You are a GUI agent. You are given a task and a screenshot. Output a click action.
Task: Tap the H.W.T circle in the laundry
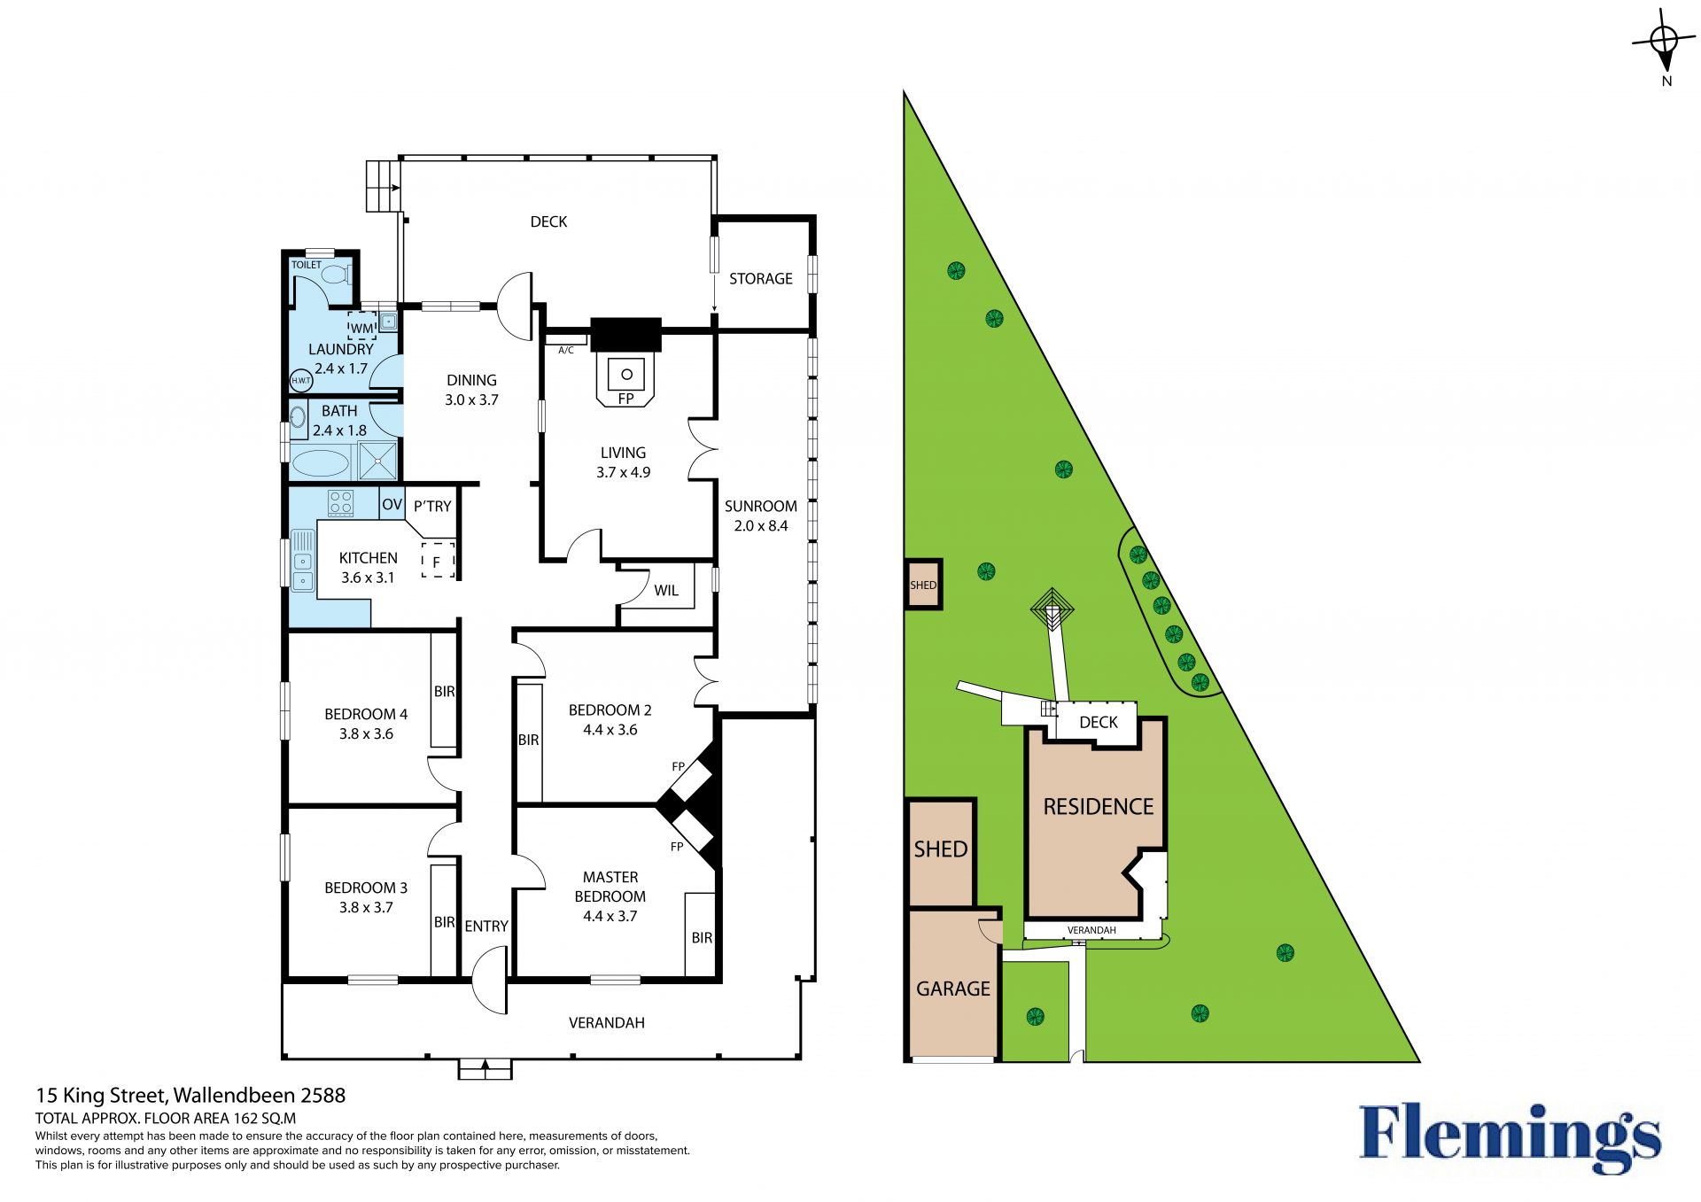point(301,381)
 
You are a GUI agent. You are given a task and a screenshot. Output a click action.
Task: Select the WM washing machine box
point(361,326)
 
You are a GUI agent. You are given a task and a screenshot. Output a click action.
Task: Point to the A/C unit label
point(566,351)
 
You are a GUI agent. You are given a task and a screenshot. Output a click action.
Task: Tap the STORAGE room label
point(761,278)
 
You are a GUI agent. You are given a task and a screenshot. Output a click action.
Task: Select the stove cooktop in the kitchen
point(341,503)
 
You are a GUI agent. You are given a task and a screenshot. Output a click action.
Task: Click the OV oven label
point(392,504)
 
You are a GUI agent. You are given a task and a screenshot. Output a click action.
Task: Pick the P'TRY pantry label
point(432,506)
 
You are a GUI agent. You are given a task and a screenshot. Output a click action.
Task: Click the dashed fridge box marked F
point(438,561)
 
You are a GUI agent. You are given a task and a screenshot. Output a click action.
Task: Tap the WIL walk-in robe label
point(666,591)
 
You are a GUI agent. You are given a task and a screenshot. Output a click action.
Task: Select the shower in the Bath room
point(378,461)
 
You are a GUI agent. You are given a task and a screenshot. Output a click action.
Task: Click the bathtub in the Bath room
point(321,463)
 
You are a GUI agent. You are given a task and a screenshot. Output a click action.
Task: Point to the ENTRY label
point(486,926)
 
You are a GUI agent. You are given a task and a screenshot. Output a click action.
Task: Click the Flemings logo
point(1510,1137)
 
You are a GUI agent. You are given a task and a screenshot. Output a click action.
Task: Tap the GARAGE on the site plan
point(953,989)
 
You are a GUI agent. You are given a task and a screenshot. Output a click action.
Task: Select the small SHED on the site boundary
point(923,585)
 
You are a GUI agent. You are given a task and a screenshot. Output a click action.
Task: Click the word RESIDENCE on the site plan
point(1099,807)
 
